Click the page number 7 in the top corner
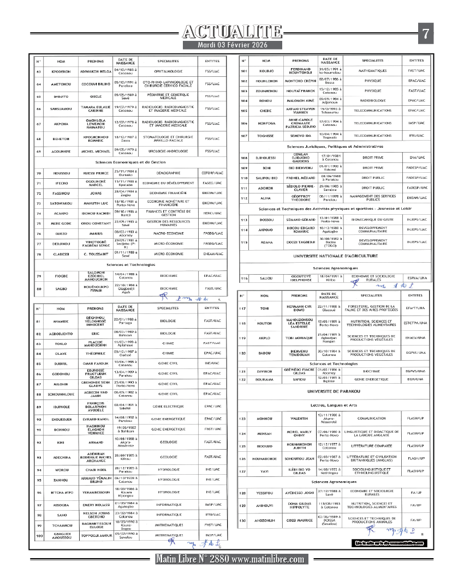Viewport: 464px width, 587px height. (x=425, y=34)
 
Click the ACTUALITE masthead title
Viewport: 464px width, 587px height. (x=233, y=32)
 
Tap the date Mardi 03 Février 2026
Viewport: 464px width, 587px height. (x=233, y=45)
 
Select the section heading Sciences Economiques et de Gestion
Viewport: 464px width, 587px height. (x=130, y=162)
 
